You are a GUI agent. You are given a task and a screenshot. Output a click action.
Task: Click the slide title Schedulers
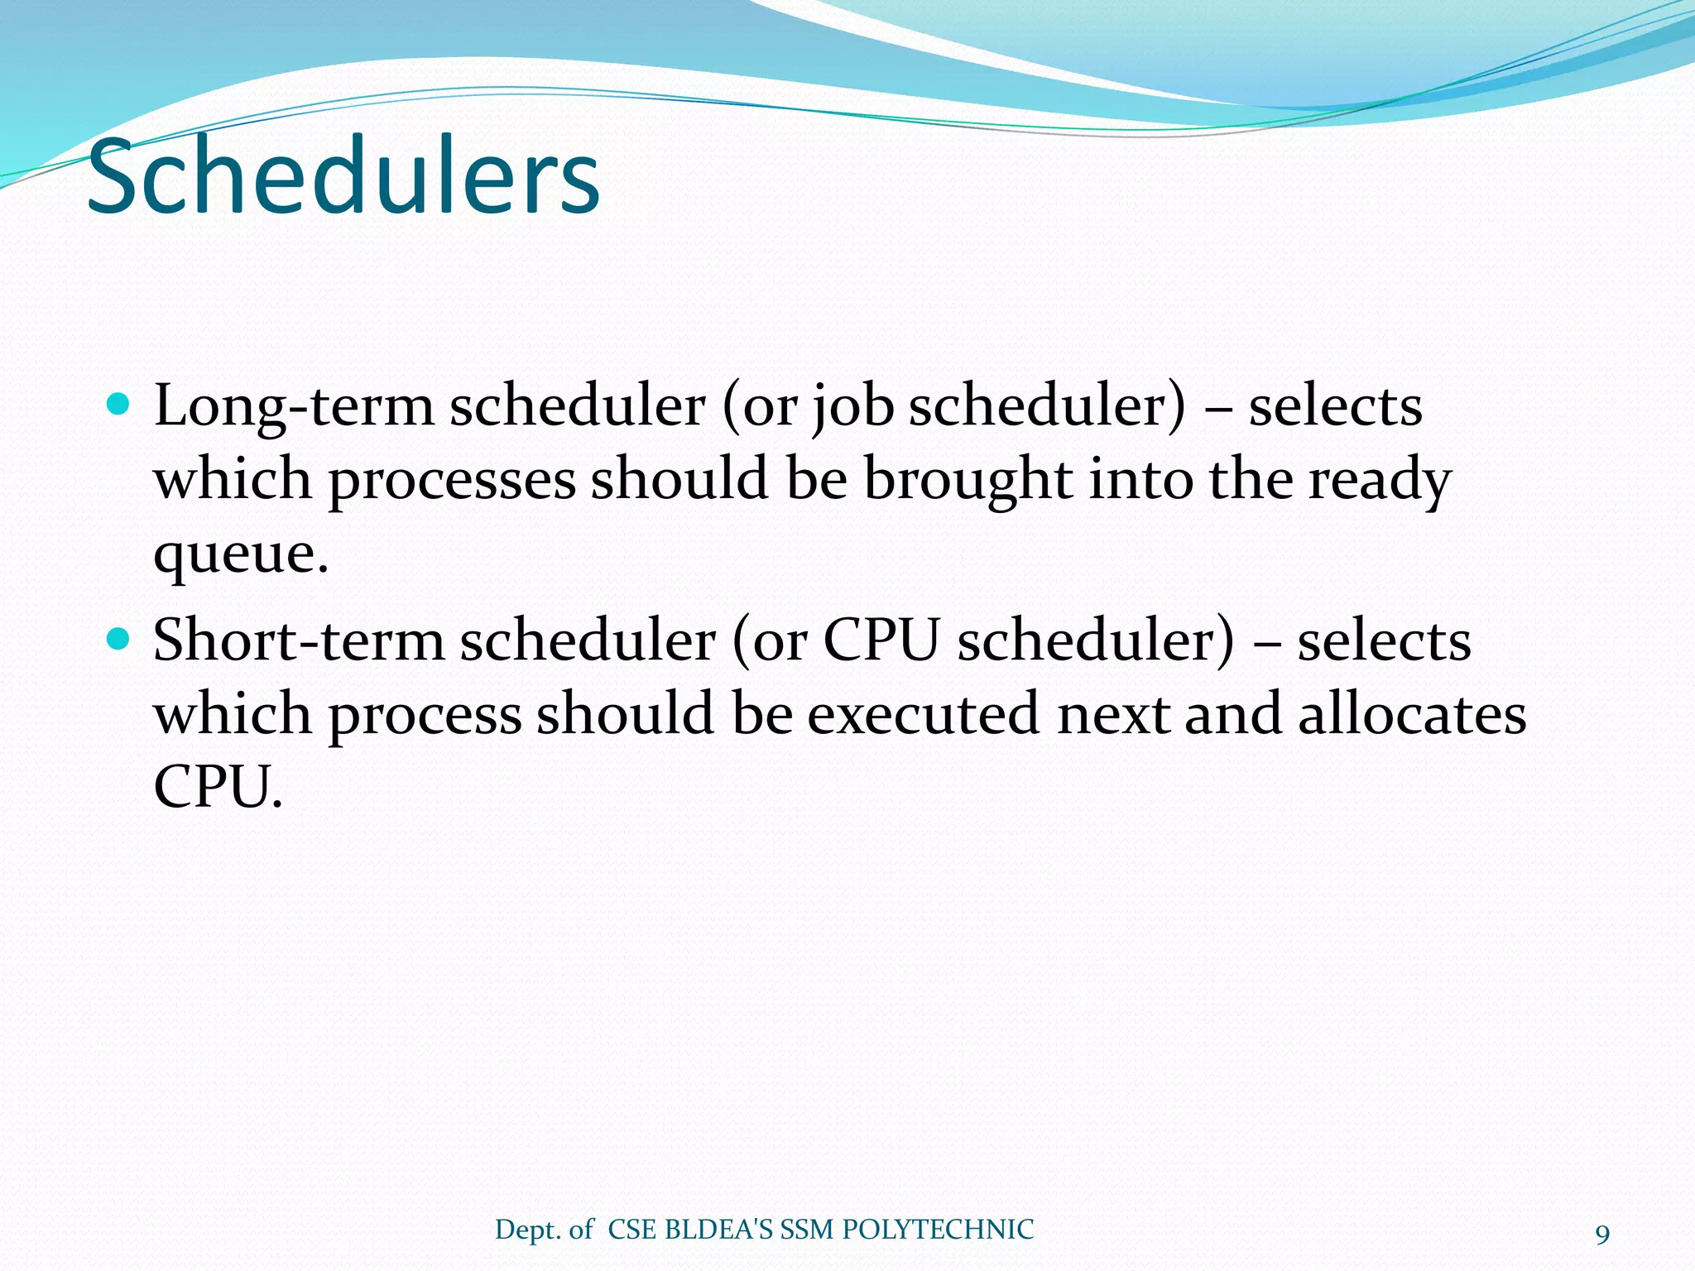(x=343, y=175)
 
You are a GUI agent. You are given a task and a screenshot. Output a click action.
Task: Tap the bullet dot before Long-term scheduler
(x=119, y=405)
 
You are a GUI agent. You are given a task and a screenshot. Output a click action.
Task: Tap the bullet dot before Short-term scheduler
(x=119, y=639)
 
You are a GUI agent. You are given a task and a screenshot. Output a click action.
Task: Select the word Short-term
(x=299, y=640)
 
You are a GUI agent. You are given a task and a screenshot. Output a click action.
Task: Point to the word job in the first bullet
(x=853, y=408)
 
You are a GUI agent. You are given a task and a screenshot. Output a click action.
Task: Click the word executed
(x=923, y=713)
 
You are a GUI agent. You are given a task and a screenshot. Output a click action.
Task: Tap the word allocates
(x=1411, y=713)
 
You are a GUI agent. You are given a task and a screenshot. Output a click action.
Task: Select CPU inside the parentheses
(x=881, y=640)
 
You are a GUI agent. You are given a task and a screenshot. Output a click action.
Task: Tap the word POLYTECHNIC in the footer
(x=938, y=1230)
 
